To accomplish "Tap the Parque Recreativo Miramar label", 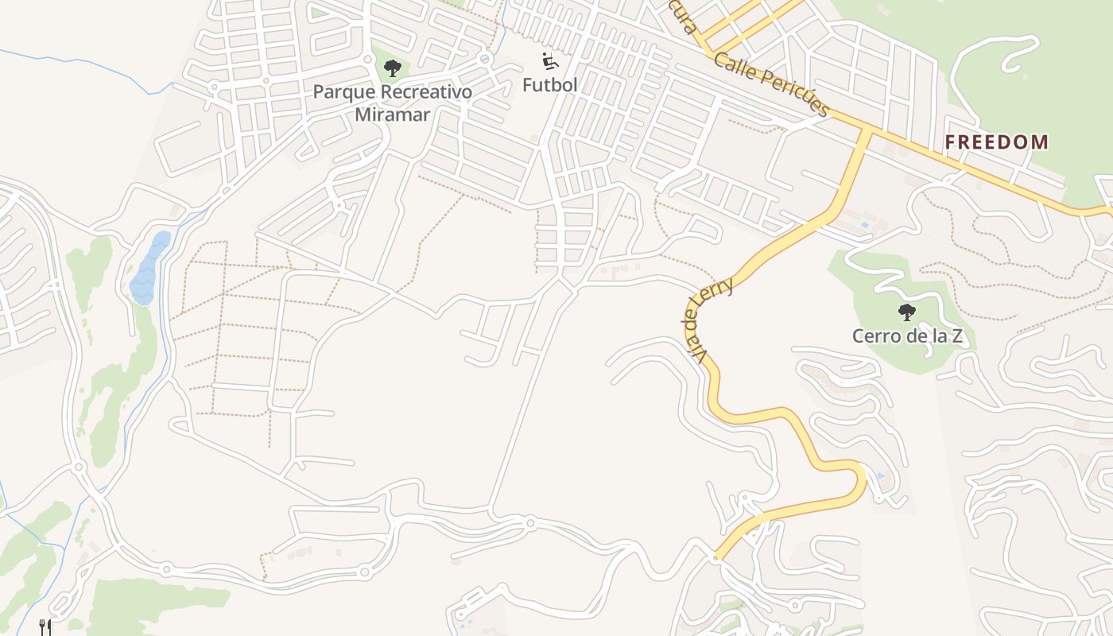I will [392, 103].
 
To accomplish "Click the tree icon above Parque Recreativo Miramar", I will [392, 68].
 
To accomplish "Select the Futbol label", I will [549, 84].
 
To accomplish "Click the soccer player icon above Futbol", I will [549, 61].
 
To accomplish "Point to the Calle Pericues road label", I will [771, 83].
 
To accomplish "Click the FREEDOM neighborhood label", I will [996, 142].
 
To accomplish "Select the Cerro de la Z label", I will [907, 336].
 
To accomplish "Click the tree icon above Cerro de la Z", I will [906, 312].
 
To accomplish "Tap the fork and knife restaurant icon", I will [45, 627].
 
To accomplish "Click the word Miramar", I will [392, 114].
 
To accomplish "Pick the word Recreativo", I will [426, 92].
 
